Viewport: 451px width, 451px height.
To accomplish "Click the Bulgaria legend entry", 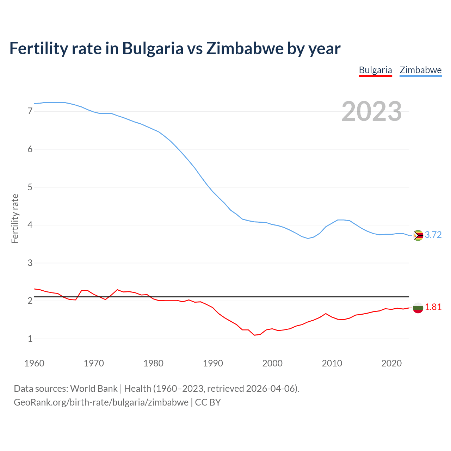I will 375,70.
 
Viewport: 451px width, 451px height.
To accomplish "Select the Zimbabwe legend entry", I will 420,70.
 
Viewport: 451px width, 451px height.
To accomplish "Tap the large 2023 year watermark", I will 372,111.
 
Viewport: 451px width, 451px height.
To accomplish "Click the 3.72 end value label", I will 433,235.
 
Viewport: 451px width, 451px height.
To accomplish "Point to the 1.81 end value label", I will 433,307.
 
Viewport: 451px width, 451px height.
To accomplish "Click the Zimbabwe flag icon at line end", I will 418,235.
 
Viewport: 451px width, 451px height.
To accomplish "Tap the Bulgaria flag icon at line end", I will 418,308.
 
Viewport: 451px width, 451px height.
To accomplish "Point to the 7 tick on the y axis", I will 30,111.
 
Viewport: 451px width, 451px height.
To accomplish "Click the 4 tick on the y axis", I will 30,225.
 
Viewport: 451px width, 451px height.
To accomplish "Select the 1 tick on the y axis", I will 30,339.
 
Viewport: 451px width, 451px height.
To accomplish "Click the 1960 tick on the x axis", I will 34,363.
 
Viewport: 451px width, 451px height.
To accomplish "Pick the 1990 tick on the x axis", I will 213,363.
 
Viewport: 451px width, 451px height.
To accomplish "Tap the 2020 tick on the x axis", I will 391,363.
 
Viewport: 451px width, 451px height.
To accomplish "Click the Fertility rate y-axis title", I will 15,218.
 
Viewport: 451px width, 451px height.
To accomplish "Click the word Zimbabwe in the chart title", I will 245,48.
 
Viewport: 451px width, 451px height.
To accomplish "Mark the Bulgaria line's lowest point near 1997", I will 254,335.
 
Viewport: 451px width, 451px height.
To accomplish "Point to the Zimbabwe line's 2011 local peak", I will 338,220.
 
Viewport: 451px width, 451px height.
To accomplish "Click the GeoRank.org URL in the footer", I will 101,402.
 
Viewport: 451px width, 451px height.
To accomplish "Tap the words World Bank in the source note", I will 94,389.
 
